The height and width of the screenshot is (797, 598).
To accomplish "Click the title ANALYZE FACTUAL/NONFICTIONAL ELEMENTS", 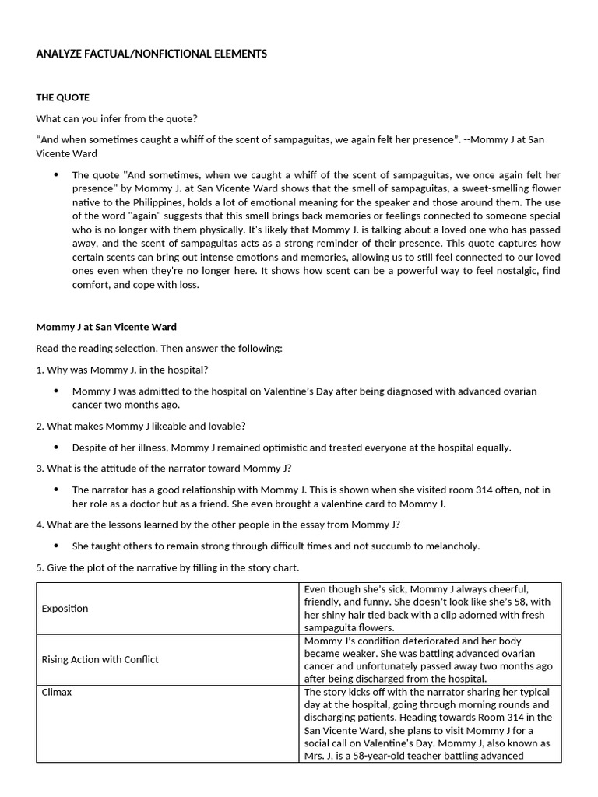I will coord(151,54).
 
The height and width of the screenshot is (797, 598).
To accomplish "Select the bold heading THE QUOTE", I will coord(62,97).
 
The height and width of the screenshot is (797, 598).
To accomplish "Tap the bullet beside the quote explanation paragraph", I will coord(55,175).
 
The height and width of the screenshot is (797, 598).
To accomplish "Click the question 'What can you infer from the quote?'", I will coord(116,118).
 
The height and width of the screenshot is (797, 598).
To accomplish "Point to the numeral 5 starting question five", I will coord(39,567).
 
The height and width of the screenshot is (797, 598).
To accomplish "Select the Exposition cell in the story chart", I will coord(65,608).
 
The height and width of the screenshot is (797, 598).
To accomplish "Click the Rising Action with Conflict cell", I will coord(100,659).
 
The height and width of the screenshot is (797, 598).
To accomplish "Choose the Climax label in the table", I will coord(56,692).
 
